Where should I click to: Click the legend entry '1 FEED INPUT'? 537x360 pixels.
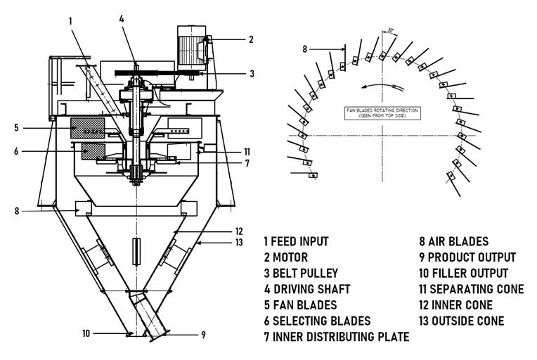pos(296,241)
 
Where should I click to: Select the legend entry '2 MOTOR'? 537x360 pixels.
pos(286,257)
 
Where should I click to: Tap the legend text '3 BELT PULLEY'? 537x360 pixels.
pos(301,273)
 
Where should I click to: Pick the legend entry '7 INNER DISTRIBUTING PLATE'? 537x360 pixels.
pos(337,337)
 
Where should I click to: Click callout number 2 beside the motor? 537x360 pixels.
pos(251,40)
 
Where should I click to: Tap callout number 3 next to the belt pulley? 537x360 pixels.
pos(252,73)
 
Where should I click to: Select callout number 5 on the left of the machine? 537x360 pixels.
pos(15,127)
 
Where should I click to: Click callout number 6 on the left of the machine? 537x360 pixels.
pos(15,150)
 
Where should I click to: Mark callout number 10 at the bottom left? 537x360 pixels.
pos(86,333)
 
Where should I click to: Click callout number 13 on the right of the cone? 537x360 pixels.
pos(240,243)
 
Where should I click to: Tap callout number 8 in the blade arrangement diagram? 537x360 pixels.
pos(304,49)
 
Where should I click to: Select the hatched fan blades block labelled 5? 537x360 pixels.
pos(87,128)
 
